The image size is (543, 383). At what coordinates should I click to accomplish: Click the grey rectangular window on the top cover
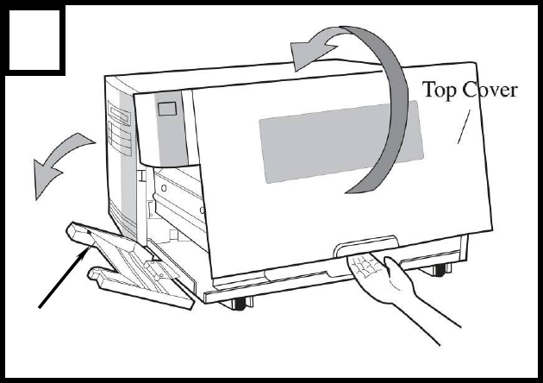tap(340, 139)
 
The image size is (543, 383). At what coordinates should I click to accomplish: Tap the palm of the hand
tap(371, 272)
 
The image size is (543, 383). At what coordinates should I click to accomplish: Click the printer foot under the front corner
tap(239, 303)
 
